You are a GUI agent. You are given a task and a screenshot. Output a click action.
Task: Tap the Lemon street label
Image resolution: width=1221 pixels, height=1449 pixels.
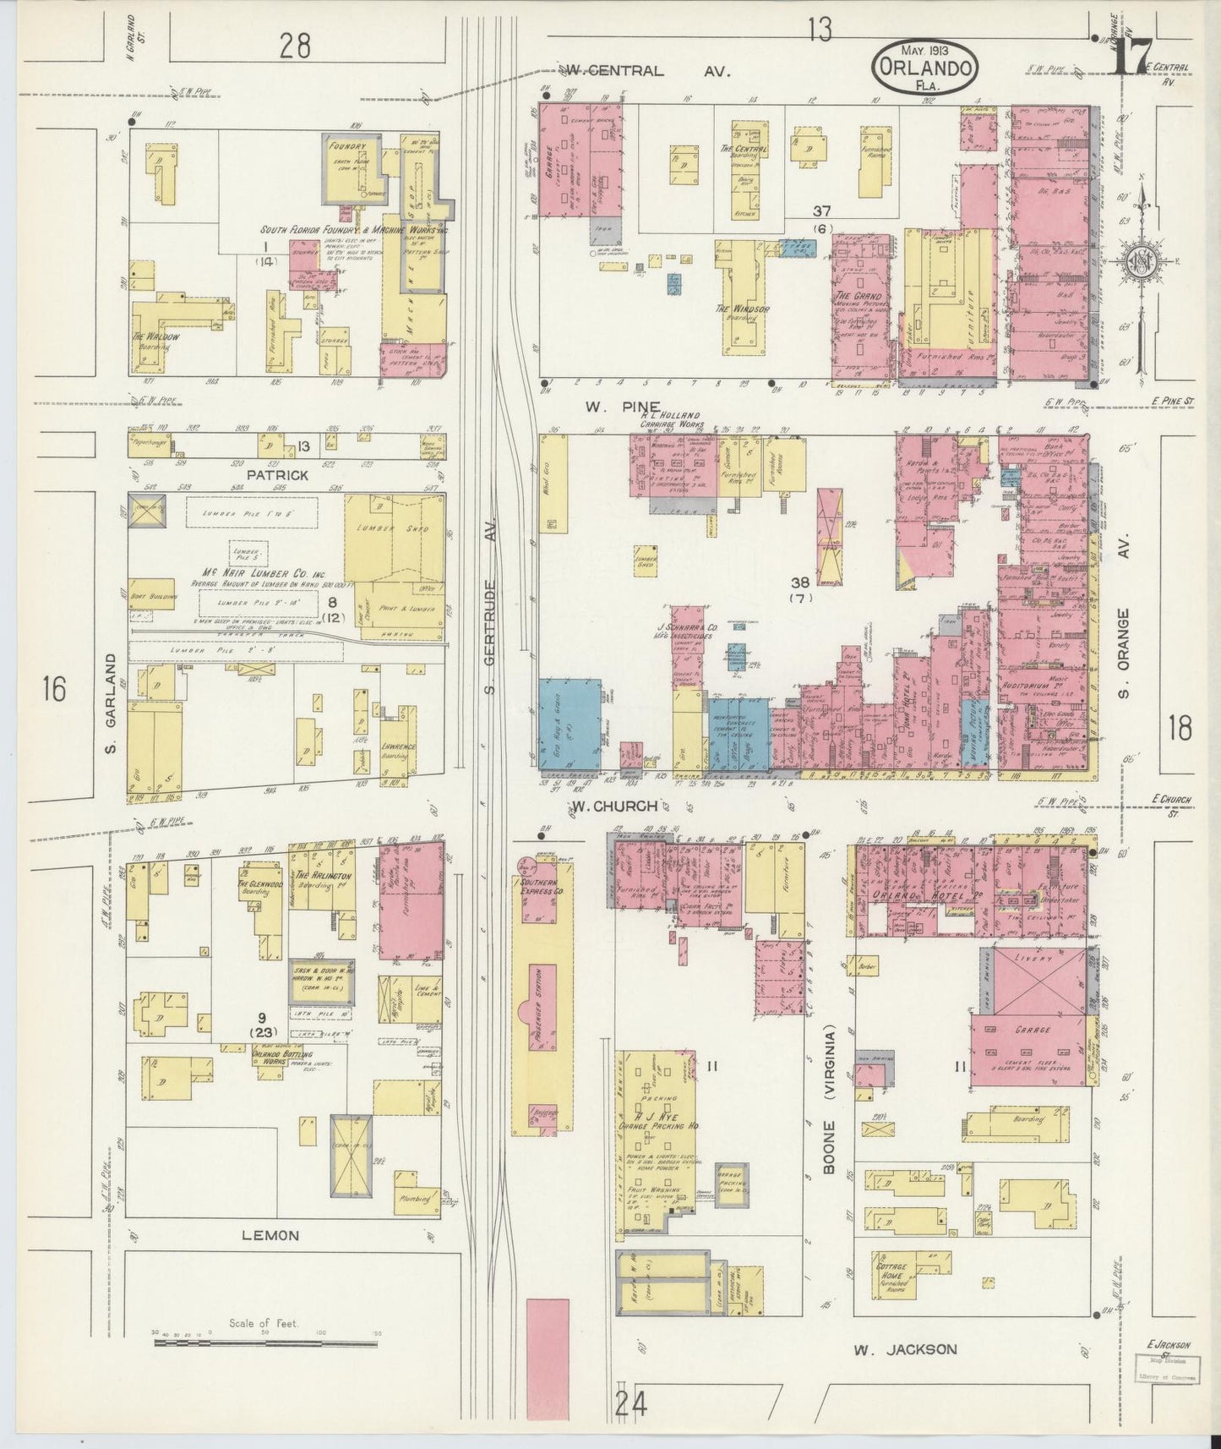tap(270, 1235)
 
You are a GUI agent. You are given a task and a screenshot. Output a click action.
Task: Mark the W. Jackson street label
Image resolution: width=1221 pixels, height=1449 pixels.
tap(904, 1349)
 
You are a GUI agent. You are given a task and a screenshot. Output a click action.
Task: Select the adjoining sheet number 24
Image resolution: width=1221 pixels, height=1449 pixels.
tap(631, 1405)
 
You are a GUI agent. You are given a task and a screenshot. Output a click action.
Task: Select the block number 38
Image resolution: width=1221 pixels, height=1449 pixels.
tap(799, 582)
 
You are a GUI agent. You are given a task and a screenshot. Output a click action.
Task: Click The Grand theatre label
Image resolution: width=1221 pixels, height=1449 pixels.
tap(858, 297)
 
